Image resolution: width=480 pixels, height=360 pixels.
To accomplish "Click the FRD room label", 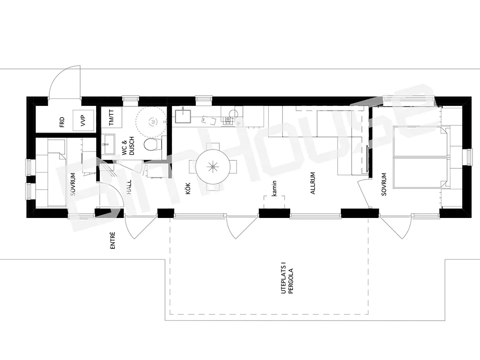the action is click(x=62, y=122).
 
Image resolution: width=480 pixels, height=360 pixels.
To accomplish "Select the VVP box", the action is click(x=83, y=120).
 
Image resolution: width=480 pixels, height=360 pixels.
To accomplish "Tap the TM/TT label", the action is click(x=111, y=118).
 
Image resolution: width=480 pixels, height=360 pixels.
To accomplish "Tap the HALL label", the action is click(x=129, y=187).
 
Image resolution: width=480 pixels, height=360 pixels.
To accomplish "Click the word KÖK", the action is click(x=188, y=188).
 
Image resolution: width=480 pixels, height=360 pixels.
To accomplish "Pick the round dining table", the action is click(x=213, y=167).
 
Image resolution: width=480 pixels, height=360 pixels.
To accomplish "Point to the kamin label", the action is click(x=274, y=188).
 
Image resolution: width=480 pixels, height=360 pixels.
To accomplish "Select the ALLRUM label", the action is click(x=313, y=183).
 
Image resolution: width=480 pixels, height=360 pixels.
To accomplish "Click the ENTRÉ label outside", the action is click(x=112, y=240).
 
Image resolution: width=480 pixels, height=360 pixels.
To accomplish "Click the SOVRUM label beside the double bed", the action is click(x=384, y=184).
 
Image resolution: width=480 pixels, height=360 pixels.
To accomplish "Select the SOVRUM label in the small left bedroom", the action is click(x=73, y=184).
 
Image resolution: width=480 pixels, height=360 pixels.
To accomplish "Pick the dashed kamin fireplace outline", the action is click(x=274, y=202).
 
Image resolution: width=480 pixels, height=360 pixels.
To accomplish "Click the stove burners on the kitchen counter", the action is click(x=227, y=120).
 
